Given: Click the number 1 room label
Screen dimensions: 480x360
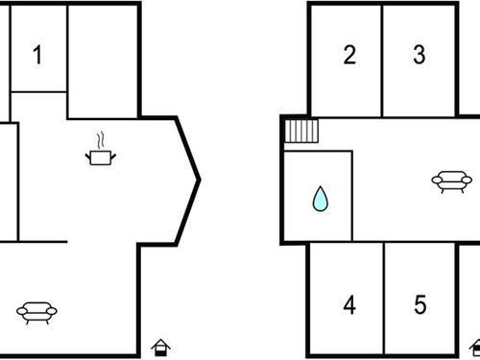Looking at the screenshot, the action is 37,54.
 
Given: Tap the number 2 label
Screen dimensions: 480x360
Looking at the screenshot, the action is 349,54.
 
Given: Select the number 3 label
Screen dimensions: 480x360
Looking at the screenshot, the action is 420,54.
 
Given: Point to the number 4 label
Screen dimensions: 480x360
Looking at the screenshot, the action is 349,305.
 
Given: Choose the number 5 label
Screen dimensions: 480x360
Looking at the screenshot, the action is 420,305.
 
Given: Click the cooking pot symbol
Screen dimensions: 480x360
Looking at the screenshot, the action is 100,156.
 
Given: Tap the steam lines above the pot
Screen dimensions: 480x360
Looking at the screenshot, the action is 100,138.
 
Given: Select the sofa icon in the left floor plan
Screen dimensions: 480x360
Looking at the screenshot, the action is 37,310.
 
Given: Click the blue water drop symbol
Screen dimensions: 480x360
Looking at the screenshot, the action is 320,200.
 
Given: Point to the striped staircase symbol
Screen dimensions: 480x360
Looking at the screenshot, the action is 301,131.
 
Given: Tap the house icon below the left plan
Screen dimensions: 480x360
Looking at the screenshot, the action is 162,347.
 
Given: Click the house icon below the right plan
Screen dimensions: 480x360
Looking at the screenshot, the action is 474,347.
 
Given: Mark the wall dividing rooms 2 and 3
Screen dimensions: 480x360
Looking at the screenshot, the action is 382,58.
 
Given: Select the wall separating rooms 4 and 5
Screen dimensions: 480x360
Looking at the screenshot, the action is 384,298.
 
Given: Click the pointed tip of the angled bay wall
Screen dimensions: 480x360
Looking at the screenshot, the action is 199,179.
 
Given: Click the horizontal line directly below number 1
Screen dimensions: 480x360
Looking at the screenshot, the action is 37,92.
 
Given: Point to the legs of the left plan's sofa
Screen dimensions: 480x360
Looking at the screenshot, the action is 37,319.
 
